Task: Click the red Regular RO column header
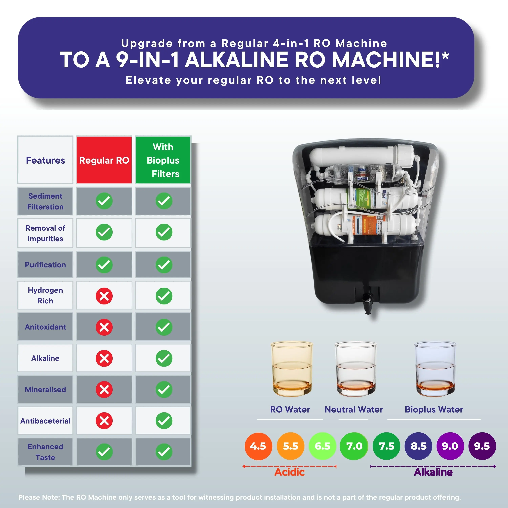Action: click(x=104, y=160)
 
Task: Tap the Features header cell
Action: click(x=45, y=160)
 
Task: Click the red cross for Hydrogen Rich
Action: click(x=104, y=296)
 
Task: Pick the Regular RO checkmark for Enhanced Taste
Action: click(x=104, y=452)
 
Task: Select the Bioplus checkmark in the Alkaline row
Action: click(x=164, y=358)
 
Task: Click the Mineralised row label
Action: click(x=45, y=389)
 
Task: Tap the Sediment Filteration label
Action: click(x=45, y=201)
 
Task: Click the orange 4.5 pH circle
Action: click(x=258, y=446)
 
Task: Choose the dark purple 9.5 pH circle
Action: click(x=482, y=446)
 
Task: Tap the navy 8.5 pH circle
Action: click(x=418, y=446)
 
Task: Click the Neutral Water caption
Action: click(x=354, y=409)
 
